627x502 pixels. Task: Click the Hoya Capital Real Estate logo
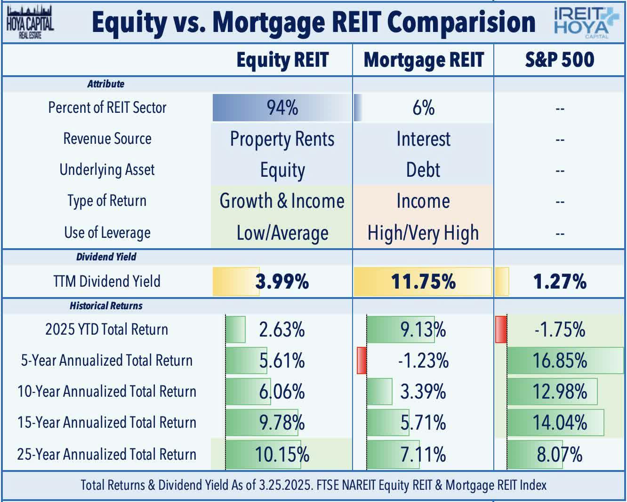[x=30, y=22]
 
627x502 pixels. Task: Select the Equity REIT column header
[x=282, y=60]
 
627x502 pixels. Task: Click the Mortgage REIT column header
[x=423, y=60]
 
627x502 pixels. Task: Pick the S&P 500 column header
[x=560, y=60]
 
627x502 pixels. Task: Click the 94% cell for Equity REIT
[x=282, y=108]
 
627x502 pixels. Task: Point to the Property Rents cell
[x=282, y=139]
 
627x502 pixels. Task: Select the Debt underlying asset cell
[x=423, y=170]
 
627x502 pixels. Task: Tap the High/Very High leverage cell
[x=423, y=233]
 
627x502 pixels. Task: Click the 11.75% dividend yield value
[x=423, y=282]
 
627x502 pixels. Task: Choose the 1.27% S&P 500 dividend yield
[x=560, y=282]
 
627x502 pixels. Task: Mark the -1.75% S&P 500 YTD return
[x=560, y=329]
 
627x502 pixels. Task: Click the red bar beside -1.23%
[x=362, y=361]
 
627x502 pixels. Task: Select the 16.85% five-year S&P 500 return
[x=560, y=361]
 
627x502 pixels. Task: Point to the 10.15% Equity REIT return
[x=282, y=455]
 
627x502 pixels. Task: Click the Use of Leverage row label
[x=107, y=233]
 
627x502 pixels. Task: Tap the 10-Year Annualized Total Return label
[x=107, y=392]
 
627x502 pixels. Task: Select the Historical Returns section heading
[x=106, y=306]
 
